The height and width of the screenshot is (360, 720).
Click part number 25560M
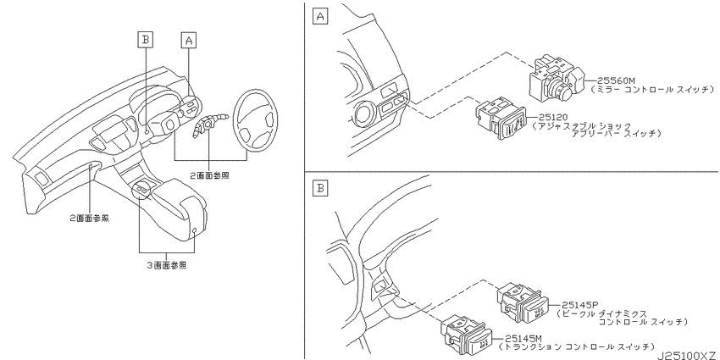[612, 81]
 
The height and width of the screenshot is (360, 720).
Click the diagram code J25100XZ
[686, 356]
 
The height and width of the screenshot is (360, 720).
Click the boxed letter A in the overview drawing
[188, 41]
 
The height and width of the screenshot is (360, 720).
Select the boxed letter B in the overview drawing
[146, 41]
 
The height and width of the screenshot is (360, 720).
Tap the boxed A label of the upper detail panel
[320, 17]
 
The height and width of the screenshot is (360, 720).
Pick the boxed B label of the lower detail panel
[320, 188]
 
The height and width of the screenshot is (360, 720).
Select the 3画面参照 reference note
[167, 265]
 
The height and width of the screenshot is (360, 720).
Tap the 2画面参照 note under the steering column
[210, 175]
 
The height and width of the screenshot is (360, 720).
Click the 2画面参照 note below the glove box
[90, 219]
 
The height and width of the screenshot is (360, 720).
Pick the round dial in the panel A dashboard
[366, 112]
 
